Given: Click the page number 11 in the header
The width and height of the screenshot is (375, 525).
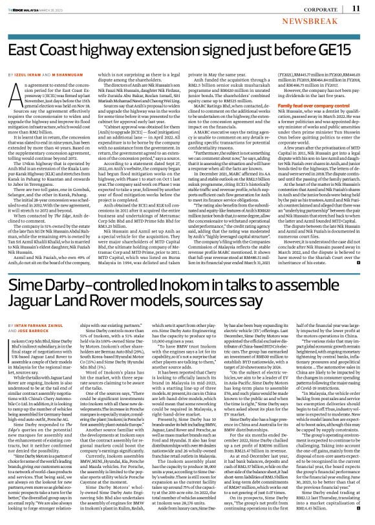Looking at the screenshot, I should tap(356, 8).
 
